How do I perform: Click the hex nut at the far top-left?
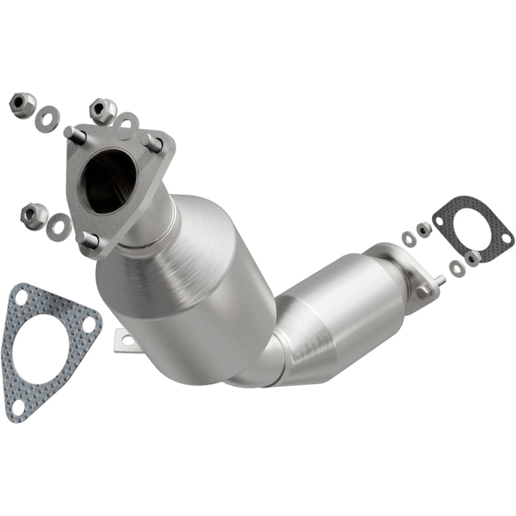(21, 105)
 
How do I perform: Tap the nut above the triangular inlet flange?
(102, 110)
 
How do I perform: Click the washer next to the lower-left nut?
(59, 227)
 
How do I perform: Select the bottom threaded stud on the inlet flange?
(89, 240)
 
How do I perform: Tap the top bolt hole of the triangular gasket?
(21, 295)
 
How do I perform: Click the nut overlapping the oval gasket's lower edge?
(472, 257)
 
